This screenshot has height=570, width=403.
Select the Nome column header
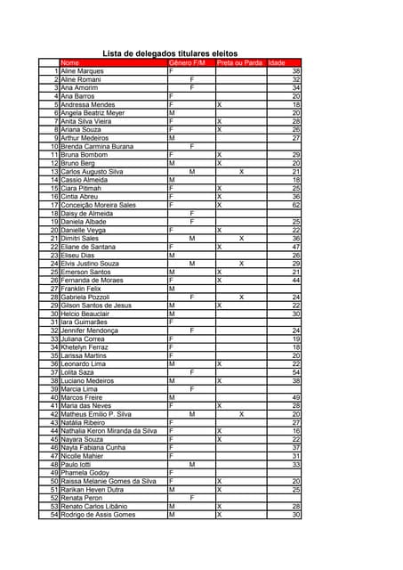pos(70,62)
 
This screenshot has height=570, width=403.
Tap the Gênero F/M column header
pos(187,62)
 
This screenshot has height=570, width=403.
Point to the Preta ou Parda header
pos(239,62)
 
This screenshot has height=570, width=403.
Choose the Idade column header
pos(278,62)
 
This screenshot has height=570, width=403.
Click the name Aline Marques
pos(82,70)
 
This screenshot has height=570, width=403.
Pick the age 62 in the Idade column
pos(296,205)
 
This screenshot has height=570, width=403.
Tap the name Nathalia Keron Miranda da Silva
pos(109,431)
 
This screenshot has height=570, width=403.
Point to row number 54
pos(54,515)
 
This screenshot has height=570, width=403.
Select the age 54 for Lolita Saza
pos(296,372)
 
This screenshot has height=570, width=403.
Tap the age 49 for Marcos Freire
pos(296,397)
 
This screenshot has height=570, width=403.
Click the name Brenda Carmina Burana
pos(97,146)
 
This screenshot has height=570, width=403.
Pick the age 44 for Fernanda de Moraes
pos(296,281)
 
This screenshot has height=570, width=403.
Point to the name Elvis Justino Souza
pos(90,264)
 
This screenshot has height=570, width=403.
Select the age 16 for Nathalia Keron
pos(296,431)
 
